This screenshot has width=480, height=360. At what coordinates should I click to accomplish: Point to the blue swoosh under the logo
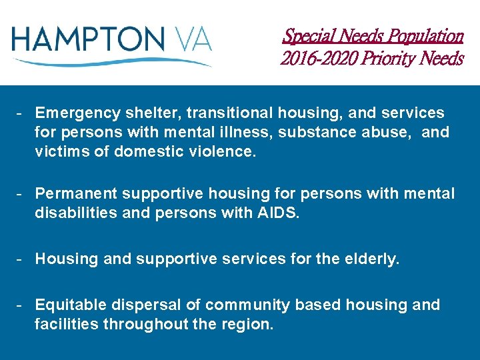[113, 62]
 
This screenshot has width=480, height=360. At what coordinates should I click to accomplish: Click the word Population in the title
[423, 35]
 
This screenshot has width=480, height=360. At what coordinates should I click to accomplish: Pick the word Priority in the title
[387, 59]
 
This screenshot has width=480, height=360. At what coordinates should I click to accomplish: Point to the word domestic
[147, 151]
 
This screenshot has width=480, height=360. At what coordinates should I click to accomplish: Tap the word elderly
[371, 259]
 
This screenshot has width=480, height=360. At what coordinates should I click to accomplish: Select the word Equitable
[70, 305]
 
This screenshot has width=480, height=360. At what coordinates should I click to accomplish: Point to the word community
[247, 305]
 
